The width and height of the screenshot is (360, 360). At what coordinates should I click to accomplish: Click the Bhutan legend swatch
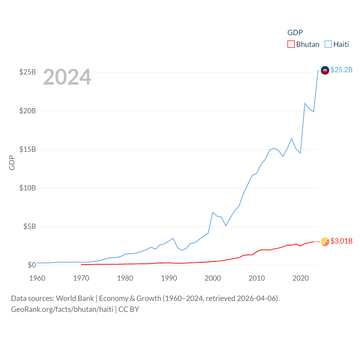[x=291, y=44]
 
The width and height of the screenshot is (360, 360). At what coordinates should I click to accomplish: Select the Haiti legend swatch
[x=328, y=44]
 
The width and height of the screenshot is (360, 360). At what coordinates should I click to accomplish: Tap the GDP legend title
[x=295, y=33]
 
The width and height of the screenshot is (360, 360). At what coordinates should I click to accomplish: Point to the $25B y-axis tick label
[x=28, y=72]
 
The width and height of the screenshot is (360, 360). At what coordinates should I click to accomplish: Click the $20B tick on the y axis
[x=28, y=111]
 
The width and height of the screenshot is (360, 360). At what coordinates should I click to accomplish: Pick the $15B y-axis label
[x=28, y=149]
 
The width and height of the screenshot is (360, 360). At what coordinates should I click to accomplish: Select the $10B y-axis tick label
[x=28, y=188]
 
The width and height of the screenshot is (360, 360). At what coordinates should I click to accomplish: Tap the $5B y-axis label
[x=30, y=226]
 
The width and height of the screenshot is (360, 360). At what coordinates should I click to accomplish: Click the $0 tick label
[x=32, y=265]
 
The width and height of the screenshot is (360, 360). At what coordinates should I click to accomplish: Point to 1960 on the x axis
[x=37, y=278]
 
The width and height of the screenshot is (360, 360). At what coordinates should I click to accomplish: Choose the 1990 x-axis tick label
[x=169, y=278]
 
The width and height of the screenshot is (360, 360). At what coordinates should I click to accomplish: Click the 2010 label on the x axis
[x=257, y=278]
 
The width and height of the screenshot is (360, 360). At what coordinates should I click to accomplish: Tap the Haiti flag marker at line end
[x=325, y=70]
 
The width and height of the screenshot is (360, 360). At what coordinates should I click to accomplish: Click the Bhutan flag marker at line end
[x=325, y=242]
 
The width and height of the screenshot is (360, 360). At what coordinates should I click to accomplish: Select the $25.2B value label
[x=341, y=70]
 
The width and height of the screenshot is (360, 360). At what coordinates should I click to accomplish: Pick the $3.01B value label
[x=341, y=241]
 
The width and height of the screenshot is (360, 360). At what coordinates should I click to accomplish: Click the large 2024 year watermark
[x=67, y=77]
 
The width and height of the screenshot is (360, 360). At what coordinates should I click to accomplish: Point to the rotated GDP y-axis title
[x=12, y=163]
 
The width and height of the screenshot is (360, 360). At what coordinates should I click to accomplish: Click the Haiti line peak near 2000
[x=213, y=213]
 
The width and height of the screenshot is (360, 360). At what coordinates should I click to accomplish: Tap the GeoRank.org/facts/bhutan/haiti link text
[x=62, y=309]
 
